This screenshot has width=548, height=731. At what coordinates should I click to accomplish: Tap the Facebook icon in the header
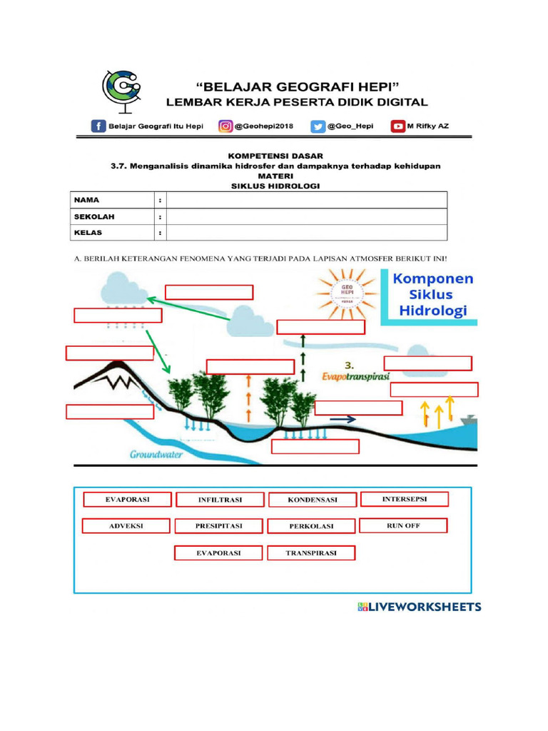pos(98,126)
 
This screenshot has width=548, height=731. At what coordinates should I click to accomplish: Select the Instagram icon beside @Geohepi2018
pos(225,126)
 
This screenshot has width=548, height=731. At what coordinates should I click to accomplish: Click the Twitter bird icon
pos(317,126)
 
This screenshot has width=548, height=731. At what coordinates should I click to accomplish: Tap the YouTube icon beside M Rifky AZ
pos(397,126)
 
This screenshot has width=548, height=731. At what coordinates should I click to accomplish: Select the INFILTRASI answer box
pos(220,500)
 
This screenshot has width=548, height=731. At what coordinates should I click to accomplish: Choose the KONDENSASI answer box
pos(312,500)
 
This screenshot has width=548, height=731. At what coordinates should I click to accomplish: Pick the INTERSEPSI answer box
pos(405,499)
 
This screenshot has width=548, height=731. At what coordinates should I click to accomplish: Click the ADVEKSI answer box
pos(126,526)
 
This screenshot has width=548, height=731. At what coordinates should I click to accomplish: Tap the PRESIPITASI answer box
pos(219,526)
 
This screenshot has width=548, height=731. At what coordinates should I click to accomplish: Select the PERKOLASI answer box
pos(312,527)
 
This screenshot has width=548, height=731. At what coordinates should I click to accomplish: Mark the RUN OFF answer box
pos(403,525)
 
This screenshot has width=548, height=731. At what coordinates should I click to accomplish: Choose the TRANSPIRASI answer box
pos(311,553)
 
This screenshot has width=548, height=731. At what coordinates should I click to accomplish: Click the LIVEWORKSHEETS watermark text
pos(420,608)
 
